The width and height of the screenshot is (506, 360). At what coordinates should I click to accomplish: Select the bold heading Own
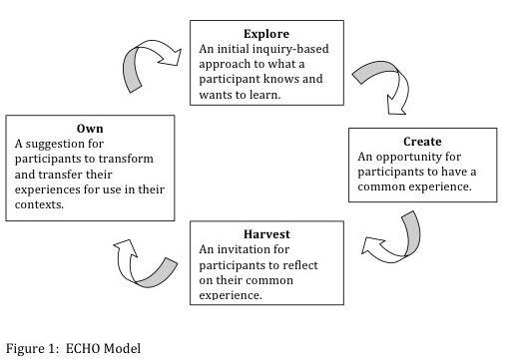point(89,128)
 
